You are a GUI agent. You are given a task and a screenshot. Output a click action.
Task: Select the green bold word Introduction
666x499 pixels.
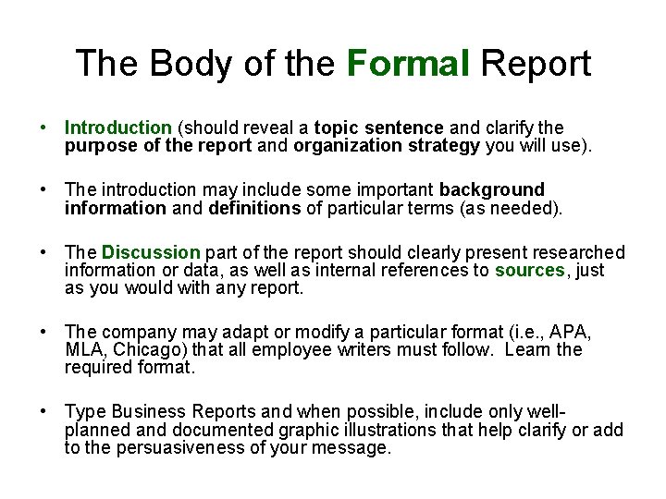click(x=118, y=128)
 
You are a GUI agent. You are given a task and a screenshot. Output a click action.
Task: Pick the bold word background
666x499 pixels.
click(x=492, y=190)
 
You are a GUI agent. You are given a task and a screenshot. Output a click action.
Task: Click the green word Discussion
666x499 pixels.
click(x=151, y=252)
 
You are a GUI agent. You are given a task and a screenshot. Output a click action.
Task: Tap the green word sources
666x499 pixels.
click(x=529, y=270)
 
